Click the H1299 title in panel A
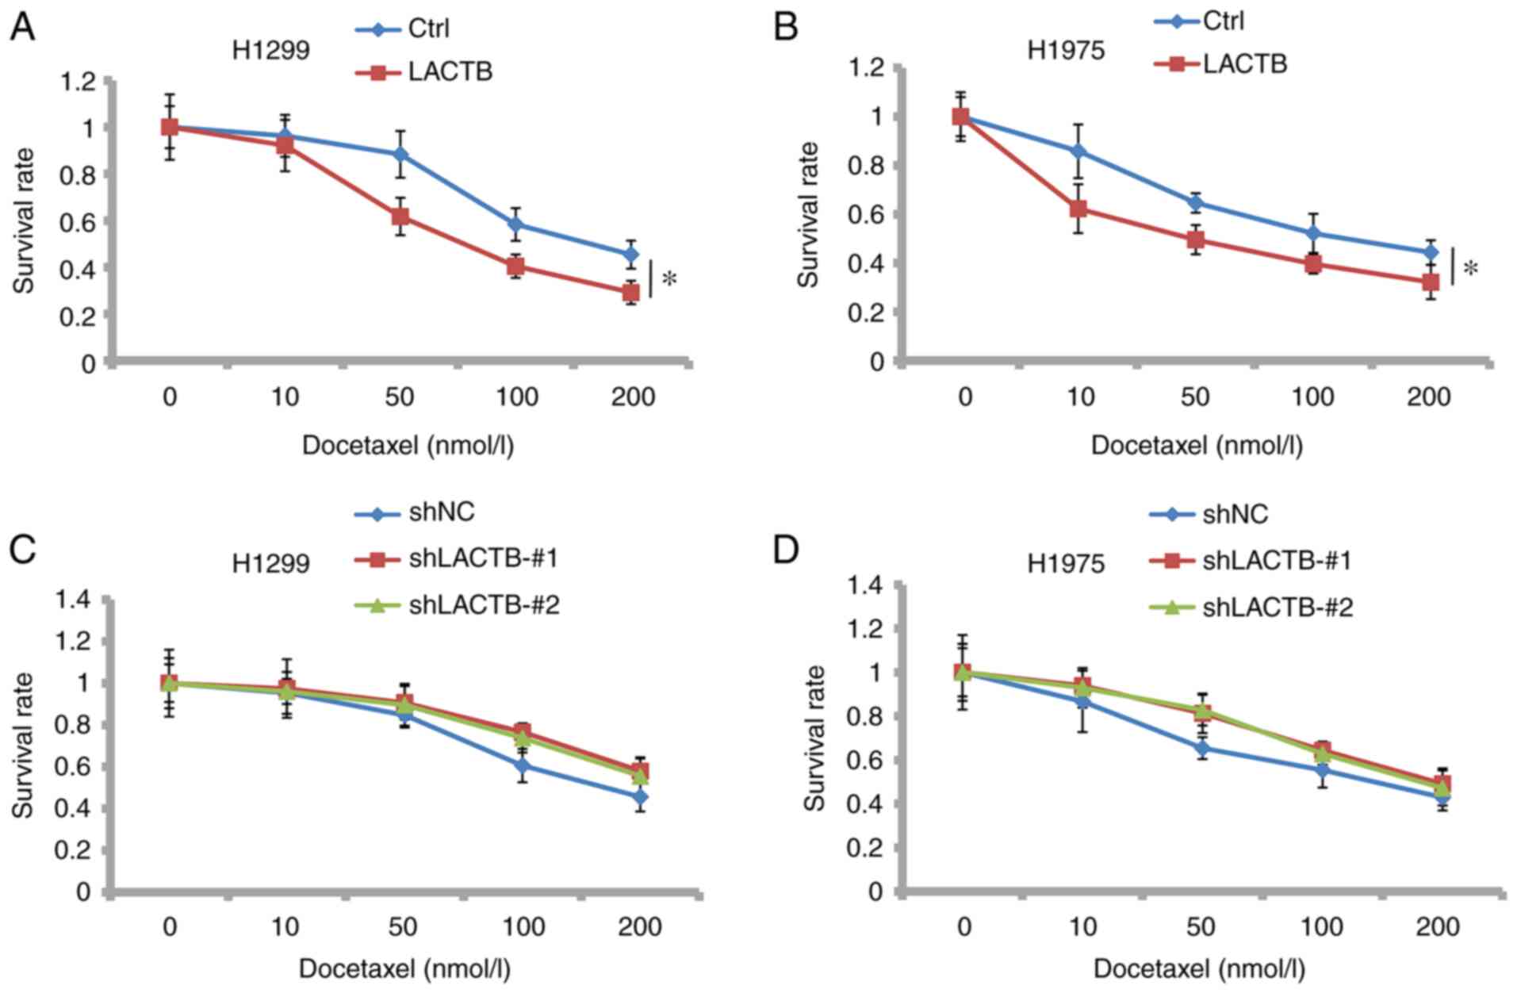point(270,50)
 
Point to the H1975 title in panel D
point(1066,564)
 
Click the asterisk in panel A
point(669,280)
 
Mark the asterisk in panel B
point(1470,270)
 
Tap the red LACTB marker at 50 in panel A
point(400,216)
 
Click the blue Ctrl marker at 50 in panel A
point(400,154)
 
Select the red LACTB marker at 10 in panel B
point(1078,209)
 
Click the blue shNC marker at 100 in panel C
point(521,765)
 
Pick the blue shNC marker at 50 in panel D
point(1202,748)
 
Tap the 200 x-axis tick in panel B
point(1429,397)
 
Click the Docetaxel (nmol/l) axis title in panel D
point(1199,969)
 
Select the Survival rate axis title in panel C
point(24,745)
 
